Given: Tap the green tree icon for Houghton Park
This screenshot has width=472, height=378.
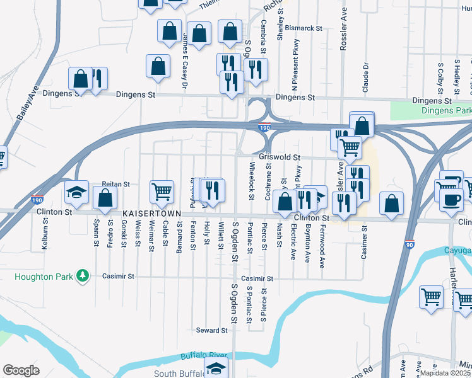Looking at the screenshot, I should click(x=81, y=276).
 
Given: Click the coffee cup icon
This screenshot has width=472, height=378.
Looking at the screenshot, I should click(x=451, y=200).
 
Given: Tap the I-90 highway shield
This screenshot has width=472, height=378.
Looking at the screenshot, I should click(x=409, y=244).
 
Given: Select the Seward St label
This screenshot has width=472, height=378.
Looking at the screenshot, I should click(x=211, y=330).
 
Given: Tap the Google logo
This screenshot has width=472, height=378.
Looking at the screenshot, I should click(x=21, y=370).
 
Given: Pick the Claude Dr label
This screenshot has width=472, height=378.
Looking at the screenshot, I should click(x=365, y=77).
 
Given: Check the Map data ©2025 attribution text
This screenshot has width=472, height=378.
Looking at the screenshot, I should click(x=444, y=373).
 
